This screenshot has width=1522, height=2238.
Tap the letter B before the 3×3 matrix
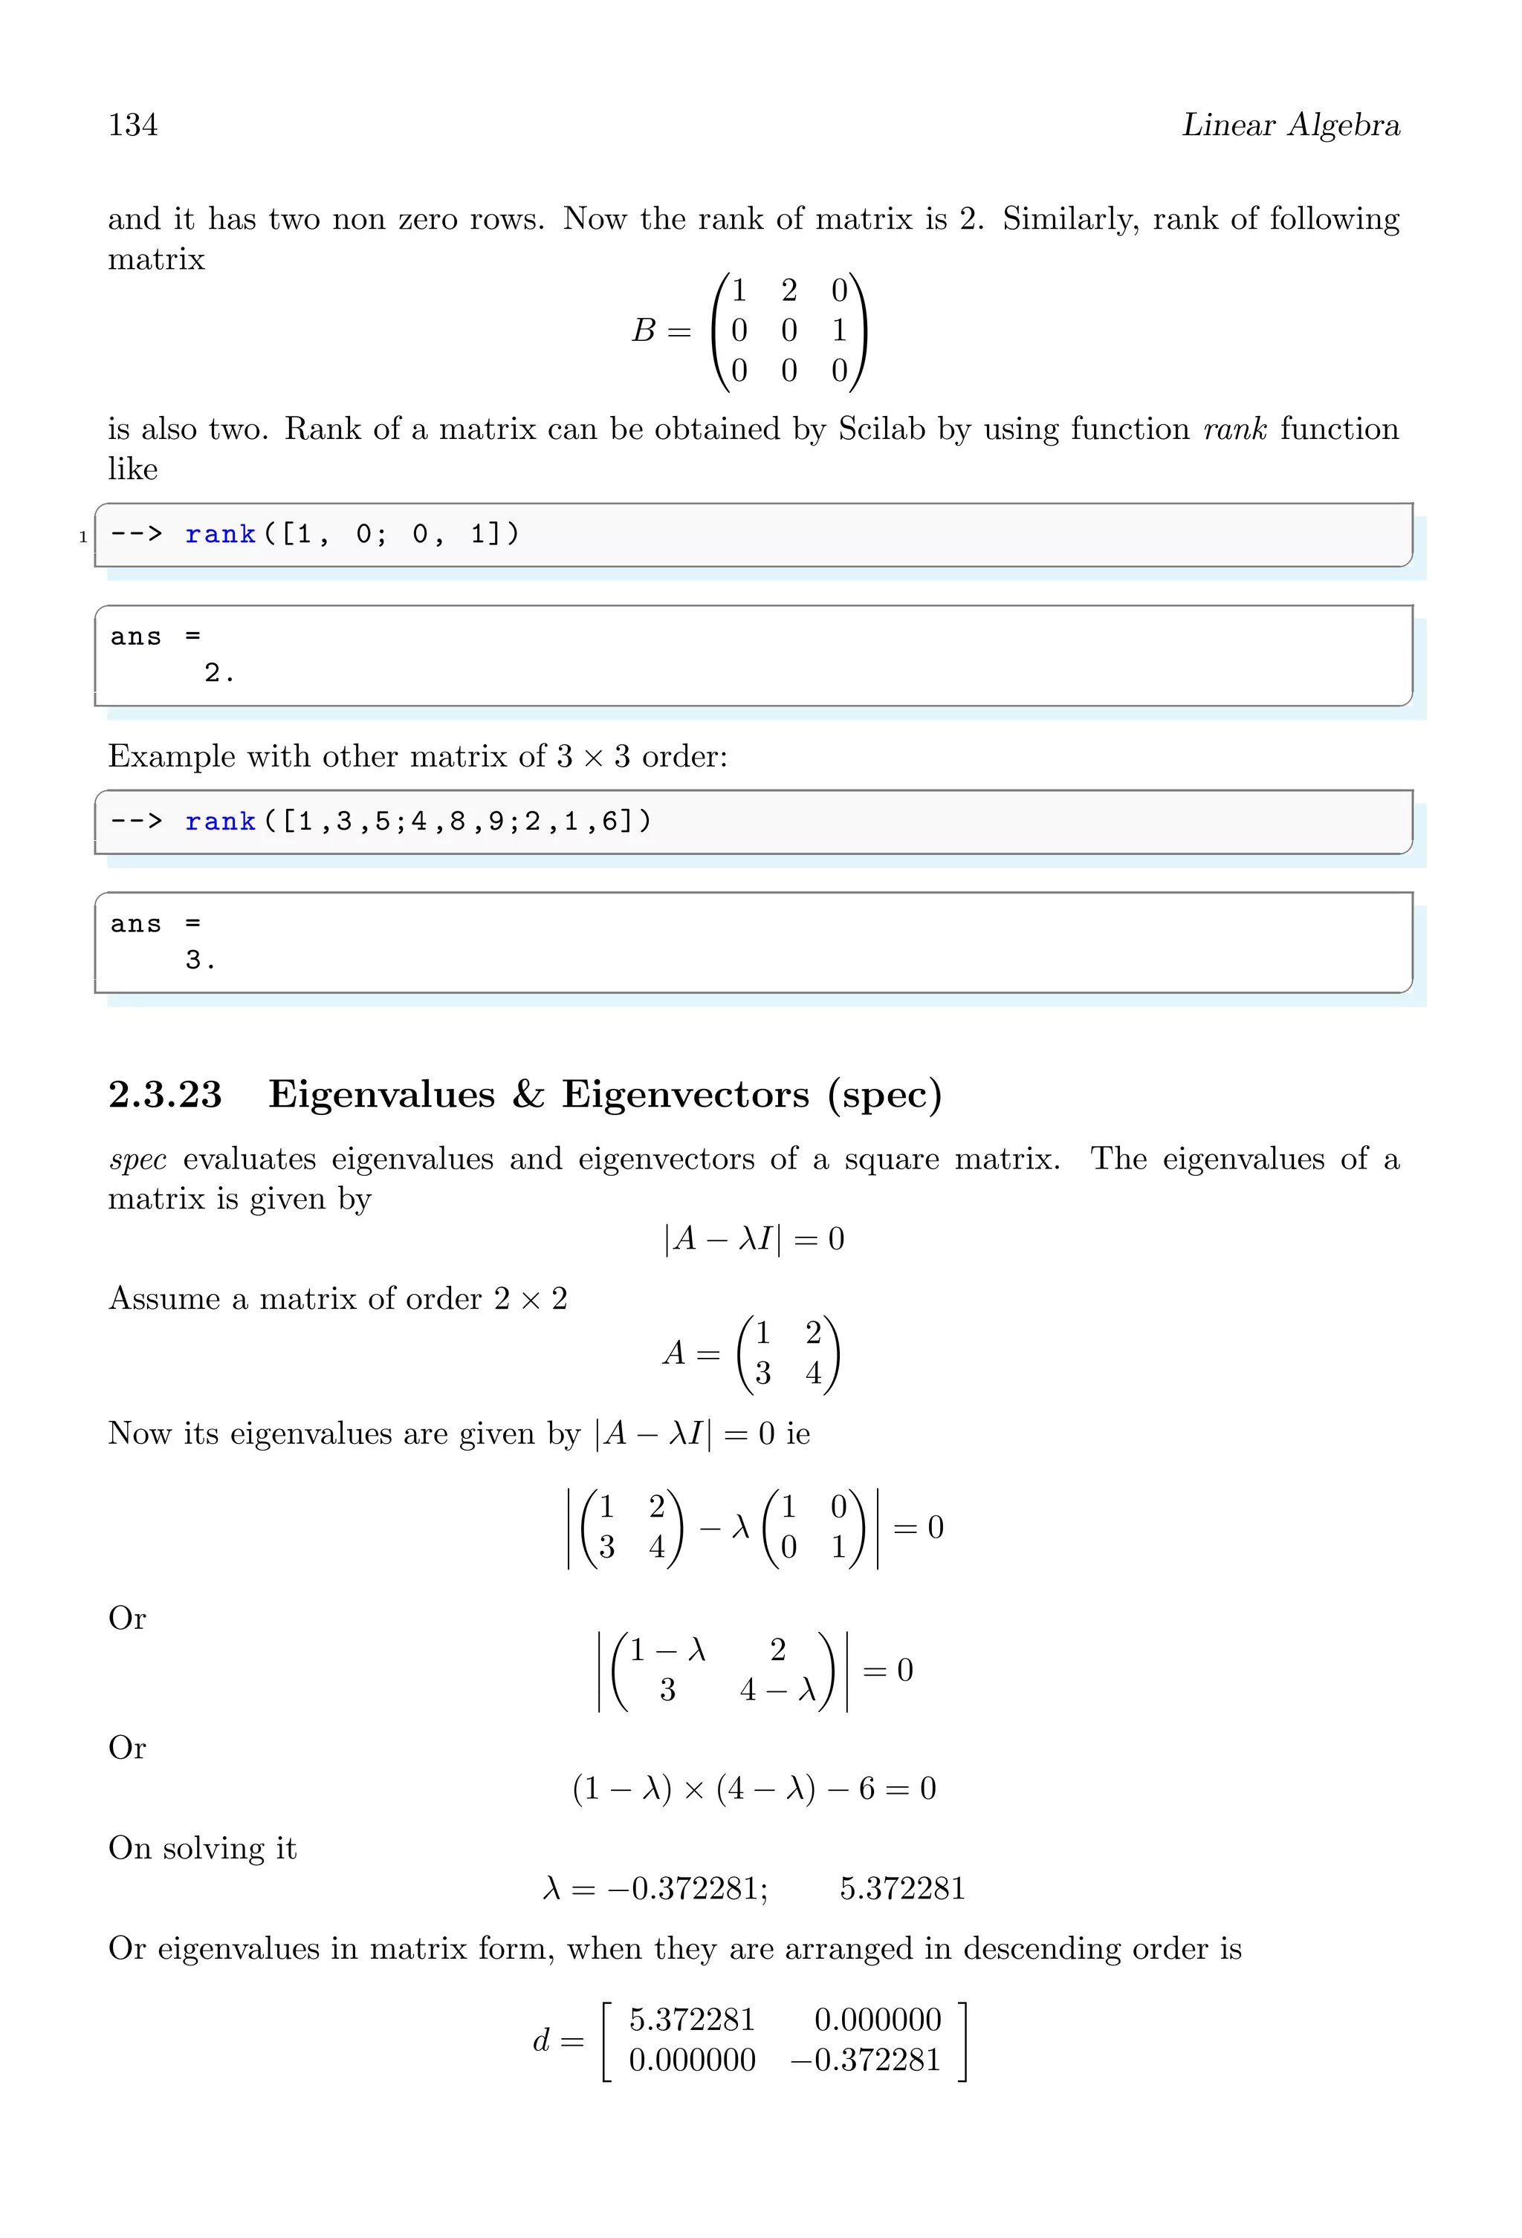[644, 331]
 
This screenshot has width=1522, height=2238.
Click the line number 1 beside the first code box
[82, 537]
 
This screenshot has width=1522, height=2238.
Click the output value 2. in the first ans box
[218, 672]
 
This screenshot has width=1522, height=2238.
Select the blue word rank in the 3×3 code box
[221, 822]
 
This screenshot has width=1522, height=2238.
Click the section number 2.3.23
[165, 1095]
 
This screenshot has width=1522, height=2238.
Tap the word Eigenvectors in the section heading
[685, 1095]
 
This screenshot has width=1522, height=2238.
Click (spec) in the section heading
[884, 1095]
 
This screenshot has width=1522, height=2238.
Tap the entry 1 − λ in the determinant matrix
[667, 1650]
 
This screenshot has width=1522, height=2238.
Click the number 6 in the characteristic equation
[866, 1789]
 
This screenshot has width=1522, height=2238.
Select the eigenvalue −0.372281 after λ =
[686, 1888]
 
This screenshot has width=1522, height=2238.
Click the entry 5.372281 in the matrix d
[692, 2020]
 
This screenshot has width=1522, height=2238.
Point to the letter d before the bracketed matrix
[541, 2040]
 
